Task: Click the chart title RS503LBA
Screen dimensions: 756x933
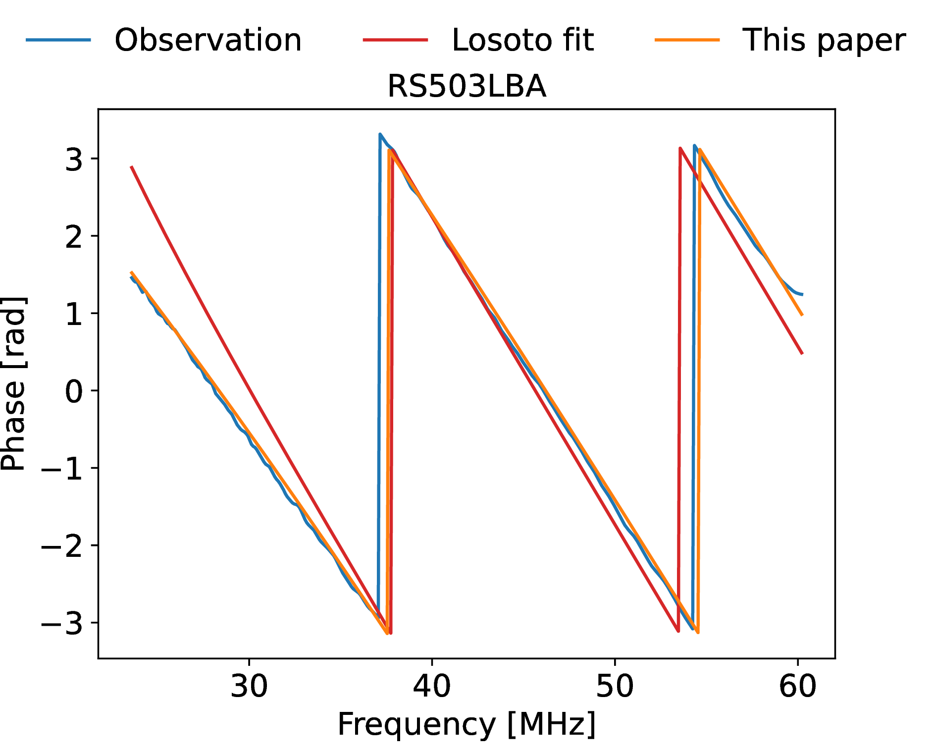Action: point(466,87)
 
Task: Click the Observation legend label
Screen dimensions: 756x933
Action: point(208,40)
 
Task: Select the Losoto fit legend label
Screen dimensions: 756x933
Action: point(522,40)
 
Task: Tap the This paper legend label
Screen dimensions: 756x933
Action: point(824,40)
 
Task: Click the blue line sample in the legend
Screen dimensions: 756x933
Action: point(58,40)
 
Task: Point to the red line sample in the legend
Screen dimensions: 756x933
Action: point(395,40)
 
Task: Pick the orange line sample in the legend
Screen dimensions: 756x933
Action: point(687,40)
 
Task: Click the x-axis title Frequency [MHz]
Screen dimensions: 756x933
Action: point(466,724)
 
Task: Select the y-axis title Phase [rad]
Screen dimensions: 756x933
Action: point(13,383)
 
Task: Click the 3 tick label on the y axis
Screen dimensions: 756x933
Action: point(74,160)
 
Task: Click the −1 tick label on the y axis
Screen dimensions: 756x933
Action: point(61,469)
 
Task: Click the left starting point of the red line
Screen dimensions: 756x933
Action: point(132,167)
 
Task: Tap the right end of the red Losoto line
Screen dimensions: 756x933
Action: point(802,353)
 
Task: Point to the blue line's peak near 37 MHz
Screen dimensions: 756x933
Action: point(380,134)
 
